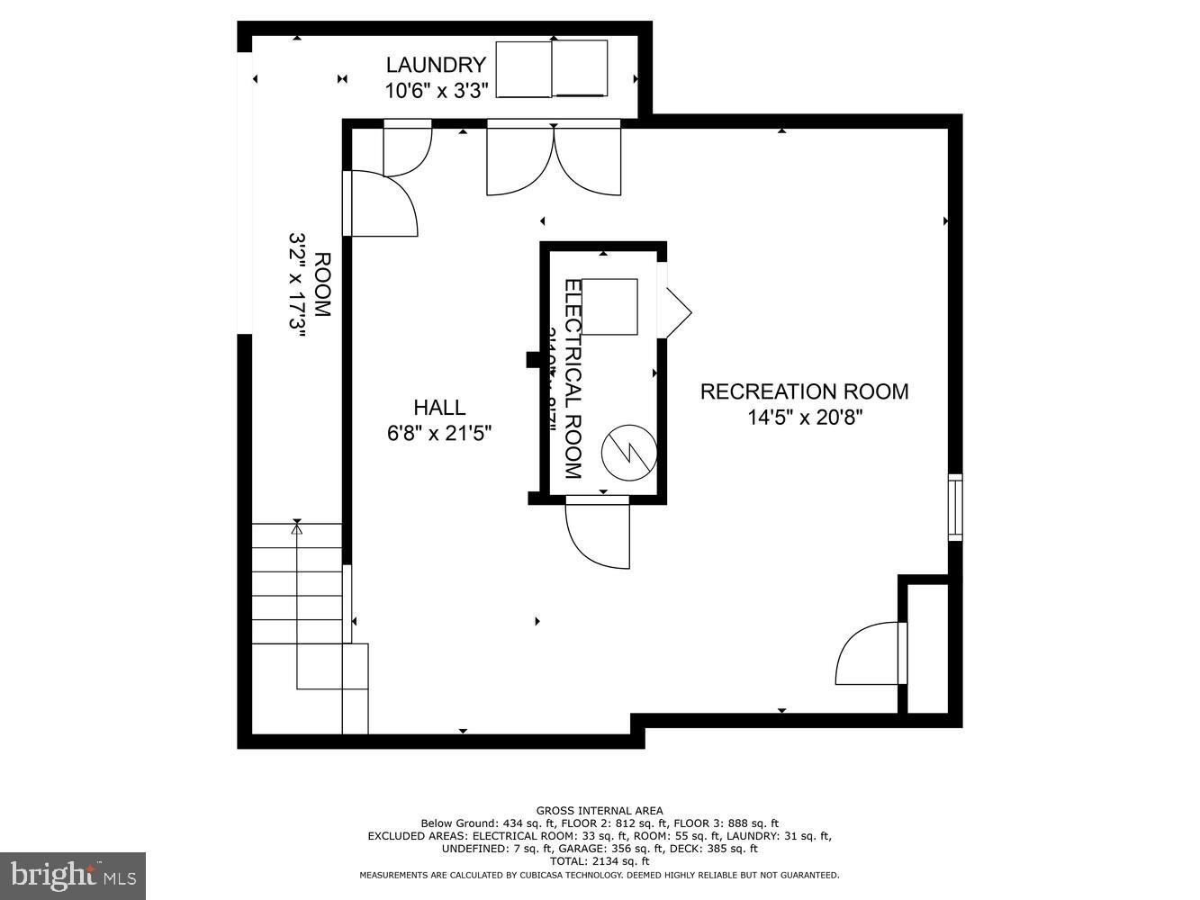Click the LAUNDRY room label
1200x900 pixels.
point(436,65)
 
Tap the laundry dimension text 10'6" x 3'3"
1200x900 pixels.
point(437,90)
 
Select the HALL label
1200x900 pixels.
point(439,408)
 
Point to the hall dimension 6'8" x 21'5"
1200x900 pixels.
point(439,434)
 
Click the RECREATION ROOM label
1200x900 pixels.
point(804,391)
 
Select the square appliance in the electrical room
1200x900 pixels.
point(610,307)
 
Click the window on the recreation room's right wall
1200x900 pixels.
point(955,508)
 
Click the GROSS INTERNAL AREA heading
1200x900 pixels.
point(599,811)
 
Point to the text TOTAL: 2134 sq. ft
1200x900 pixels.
point(599,861)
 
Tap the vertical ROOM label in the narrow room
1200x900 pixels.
point(322,285)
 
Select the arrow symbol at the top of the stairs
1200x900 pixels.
point(297,528)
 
